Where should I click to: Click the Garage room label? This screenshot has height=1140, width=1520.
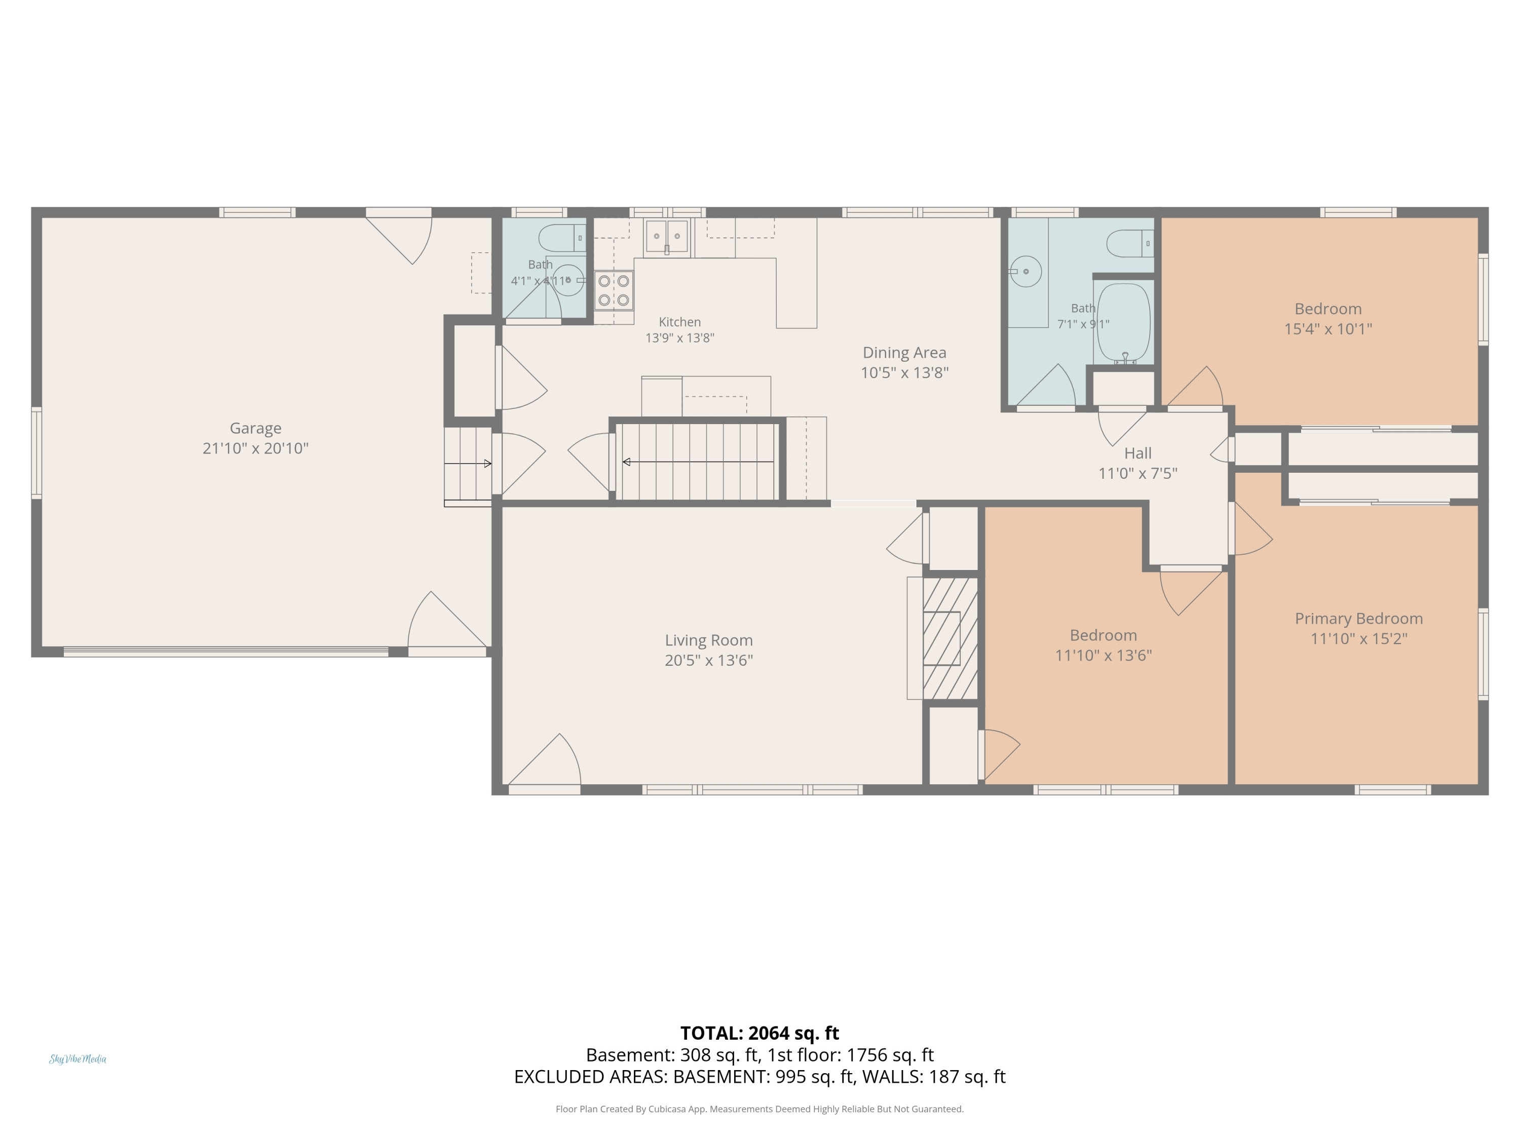tap(256, 428)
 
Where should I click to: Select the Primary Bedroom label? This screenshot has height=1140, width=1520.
tap(1358, 619)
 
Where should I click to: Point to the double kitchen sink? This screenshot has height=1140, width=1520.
tap(667, 236)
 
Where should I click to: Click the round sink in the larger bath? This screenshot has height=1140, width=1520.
tap(1026, 272)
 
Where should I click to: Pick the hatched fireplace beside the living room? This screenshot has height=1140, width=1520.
tap(949, 638)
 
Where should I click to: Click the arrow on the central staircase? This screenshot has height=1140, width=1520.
tap(698, 462)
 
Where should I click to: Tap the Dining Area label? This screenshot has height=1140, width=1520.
tap(904, 353)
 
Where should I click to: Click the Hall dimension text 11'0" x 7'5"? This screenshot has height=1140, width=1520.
tap(1138, 473)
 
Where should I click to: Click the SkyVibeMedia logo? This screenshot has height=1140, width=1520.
tap(78, 1059)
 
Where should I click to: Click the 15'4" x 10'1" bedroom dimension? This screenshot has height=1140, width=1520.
tap(1327, 328)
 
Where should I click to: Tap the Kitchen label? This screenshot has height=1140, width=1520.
tap(679, 322)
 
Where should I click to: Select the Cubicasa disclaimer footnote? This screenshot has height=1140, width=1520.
tap(759, 1109)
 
